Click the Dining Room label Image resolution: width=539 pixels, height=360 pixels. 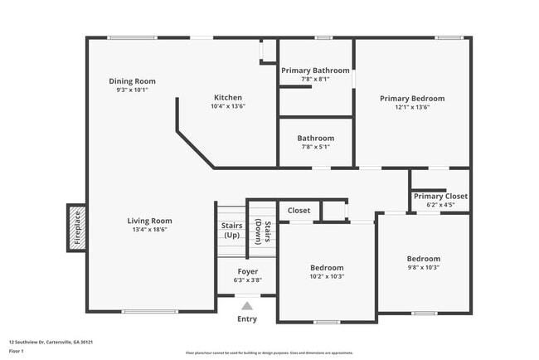[133, 81]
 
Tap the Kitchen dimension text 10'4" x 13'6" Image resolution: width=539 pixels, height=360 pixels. [228, 106]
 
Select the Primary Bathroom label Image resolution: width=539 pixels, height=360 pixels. [315, 71]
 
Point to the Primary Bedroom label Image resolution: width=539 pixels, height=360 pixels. [412, 98]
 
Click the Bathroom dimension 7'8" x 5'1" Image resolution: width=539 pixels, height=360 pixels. [315, 147]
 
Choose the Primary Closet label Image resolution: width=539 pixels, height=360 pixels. [440, 196]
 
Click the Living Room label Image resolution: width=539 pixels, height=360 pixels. [149, 221]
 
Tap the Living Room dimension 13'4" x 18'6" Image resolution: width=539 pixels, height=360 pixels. [149, 230]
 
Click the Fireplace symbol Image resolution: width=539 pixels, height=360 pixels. [75, 229]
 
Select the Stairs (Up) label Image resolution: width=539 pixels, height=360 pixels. [231, 230]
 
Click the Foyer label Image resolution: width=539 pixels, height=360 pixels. [247, 271]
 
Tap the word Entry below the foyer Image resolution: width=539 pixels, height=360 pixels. [247, 319]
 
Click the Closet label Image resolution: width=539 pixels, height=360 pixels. [299, 211]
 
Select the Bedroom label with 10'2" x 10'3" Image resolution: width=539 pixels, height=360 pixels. [327, 268]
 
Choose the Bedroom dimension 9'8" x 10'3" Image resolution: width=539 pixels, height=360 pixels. [423, 267]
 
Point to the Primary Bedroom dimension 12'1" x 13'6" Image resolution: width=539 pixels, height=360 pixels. [412, 107]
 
